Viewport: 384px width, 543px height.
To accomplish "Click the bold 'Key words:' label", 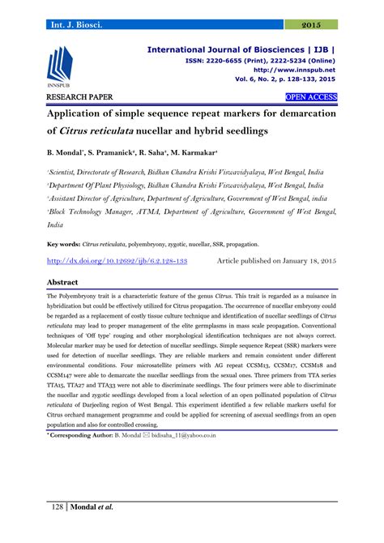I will coord(63,220).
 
